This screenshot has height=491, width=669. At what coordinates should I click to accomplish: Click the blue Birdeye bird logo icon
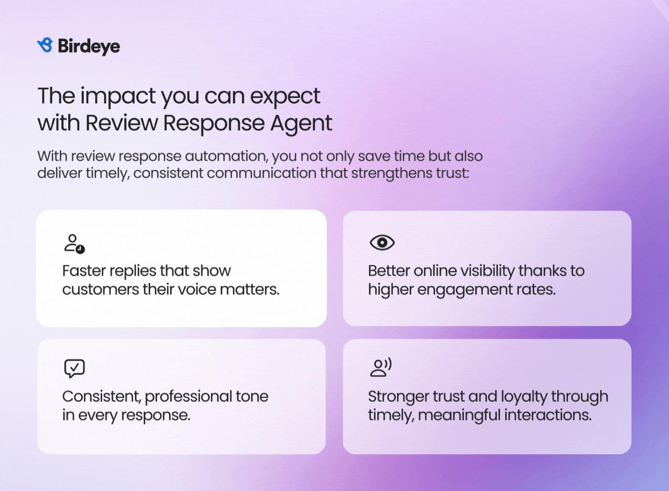[x=45, y=45]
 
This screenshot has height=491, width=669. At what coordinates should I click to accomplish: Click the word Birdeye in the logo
[x=89, y=47]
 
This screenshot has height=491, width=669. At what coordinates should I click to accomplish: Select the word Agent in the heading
[x=301, y=124]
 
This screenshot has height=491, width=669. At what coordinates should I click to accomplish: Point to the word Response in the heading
[x=214, y=124]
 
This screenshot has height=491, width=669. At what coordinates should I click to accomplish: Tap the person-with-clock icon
[x=75, y=244]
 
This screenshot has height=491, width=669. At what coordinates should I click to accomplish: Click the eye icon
[x=382, y=243]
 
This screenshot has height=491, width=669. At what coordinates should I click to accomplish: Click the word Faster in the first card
[x=84, y=271]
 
